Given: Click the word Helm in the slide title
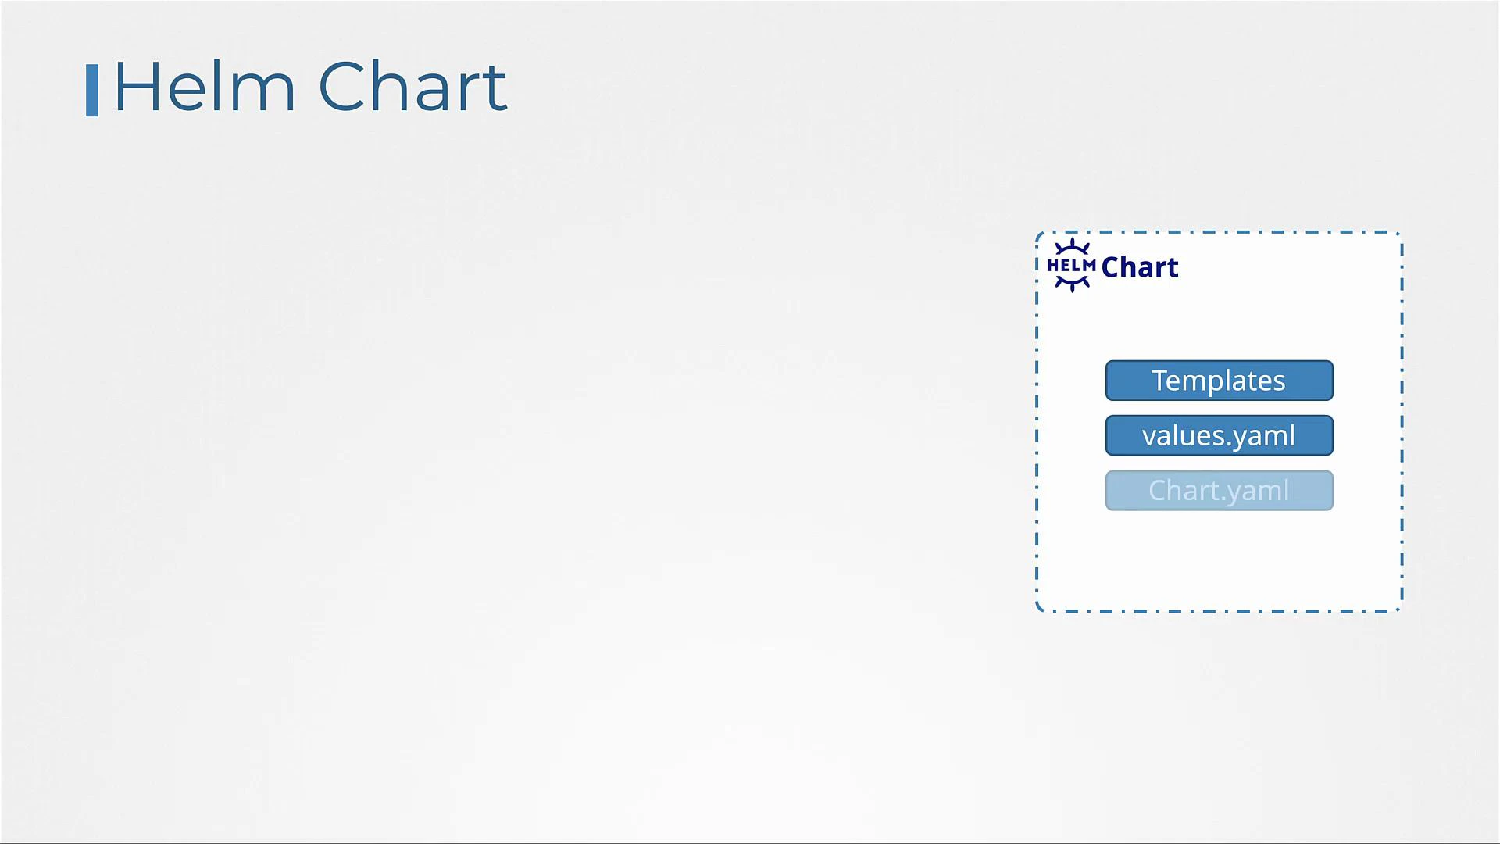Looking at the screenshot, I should point(205,88).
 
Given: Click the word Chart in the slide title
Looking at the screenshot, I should point(412,88).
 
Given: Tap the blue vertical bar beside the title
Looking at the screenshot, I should point(92,91).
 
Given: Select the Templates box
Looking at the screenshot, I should point(1219,381).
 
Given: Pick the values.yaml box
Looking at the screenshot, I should point(1219,435).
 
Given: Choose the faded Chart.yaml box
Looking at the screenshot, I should point(1219,491).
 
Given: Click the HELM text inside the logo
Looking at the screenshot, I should point(1071,266).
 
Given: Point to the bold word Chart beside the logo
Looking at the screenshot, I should point(1140,267).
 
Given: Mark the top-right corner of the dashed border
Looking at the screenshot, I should point(1400,234).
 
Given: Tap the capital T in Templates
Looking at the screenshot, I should point(1159,381).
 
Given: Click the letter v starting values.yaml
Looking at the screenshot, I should point(1149,437).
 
